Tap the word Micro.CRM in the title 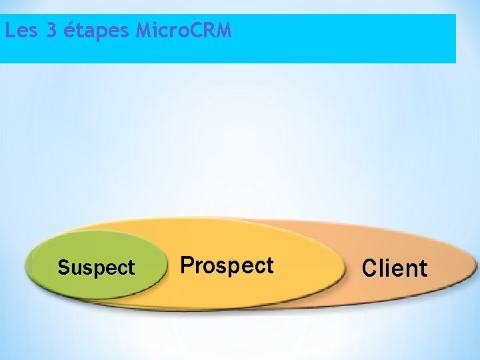point(183,31)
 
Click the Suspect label point(96,268)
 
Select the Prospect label point(227,265)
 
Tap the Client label point(394,268)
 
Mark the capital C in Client point(369,268)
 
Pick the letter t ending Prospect point(269,266)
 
